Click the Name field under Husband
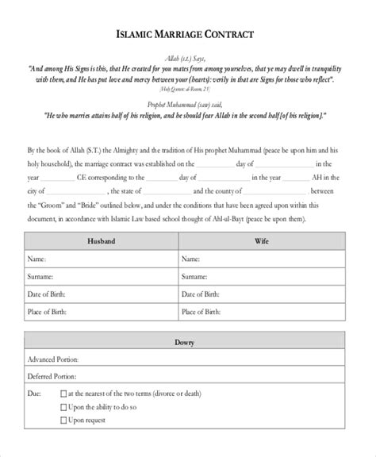(119, 259)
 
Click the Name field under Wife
(274, 259)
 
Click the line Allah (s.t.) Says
(187, 58)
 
